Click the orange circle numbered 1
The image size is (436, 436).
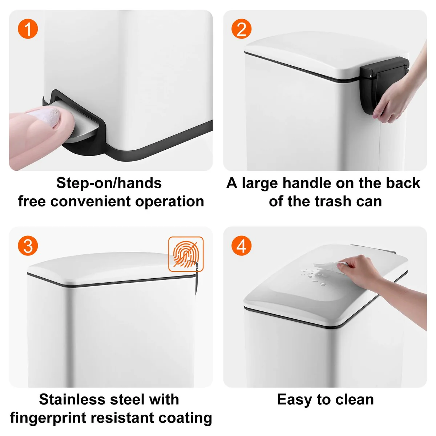click(x=28, y=29)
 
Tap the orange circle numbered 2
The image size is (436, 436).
click(x=241, y=29)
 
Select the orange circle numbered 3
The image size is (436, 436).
click(x=28, y=246)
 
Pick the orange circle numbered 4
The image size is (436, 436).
click(x=241, y=246)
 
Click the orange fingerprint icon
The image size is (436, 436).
click(x=186, y=254)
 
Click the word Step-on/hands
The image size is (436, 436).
click(x=109, y=183)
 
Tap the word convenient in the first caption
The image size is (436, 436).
click(x=90, y=201)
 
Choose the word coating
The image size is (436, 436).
click(x=185, y=418)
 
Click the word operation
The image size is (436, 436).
click(x=170, y=202)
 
